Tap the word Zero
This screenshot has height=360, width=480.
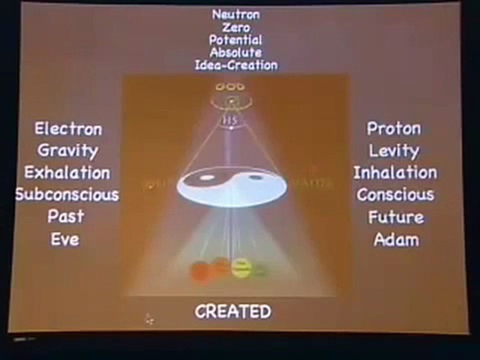[x=236, y=27]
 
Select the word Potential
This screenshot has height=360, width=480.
[x=236, y=40]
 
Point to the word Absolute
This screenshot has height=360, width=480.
[x=236, y=52]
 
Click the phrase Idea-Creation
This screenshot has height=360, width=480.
[x=236, y=65]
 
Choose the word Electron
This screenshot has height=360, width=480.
[x=68, y=129]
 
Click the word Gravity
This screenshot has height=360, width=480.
[x=67, y=150]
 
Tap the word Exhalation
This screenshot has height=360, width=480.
[x=67, y=172]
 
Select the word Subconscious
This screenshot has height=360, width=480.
[x=67, y=194]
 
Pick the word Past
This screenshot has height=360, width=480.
[x=66, y=216]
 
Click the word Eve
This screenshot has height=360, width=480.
[x=65, y=239]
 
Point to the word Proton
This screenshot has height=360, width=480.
[x=394, y=128]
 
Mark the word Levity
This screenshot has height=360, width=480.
[x=394, y=150]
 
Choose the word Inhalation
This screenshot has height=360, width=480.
[x=395, y=172]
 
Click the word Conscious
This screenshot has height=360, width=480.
[x=395, y=194]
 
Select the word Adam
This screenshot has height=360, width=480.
[x=396, y=239]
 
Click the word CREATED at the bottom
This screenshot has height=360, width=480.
[x=233, y=312]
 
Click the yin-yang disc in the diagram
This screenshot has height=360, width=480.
[x=232, y=184]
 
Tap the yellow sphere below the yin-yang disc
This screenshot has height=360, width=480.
[x=241, y=268]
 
